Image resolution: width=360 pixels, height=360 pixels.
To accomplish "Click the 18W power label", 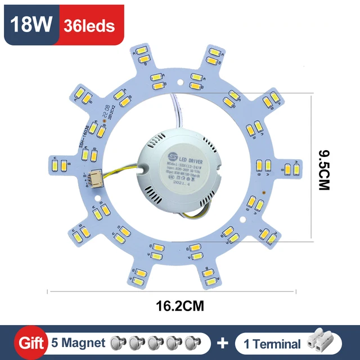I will (x=32, y=25).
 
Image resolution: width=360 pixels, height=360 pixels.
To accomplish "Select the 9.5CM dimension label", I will (x=322, y=169).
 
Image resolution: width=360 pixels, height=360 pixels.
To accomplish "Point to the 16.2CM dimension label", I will (x=173, y=306).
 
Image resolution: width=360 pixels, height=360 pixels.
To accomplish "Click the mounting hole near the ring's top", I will (x=179, y=82).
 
